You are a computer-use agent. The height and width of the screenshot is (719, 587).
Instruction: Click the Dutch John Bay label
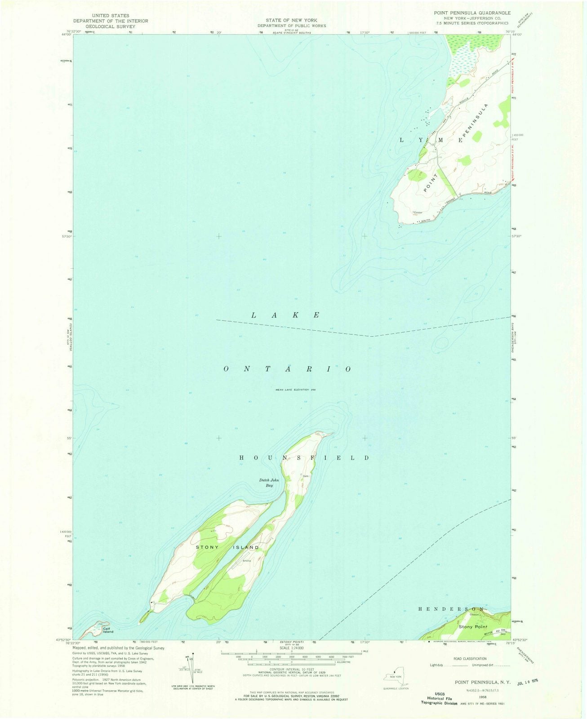coord(269,483)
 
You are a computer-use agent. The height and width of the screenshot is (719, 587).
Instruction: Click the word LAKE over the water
coord(285,315)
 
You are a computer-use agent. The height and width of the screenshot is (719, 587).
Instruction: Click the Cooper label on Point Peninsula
coord(418,213)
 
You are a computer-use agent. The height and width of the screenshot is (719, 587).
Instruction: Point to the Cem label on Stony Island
coord(306,476)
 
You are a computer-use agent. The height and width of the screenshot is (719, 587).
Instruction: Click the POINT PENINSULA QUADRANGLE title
coord(476,13)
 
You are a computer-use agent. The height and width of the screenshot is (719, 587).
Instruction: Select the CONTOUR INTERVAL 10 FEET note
coord(292,669)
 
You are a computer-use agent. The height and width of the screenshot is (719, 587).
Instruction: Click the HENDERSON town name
coord(451,609)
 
